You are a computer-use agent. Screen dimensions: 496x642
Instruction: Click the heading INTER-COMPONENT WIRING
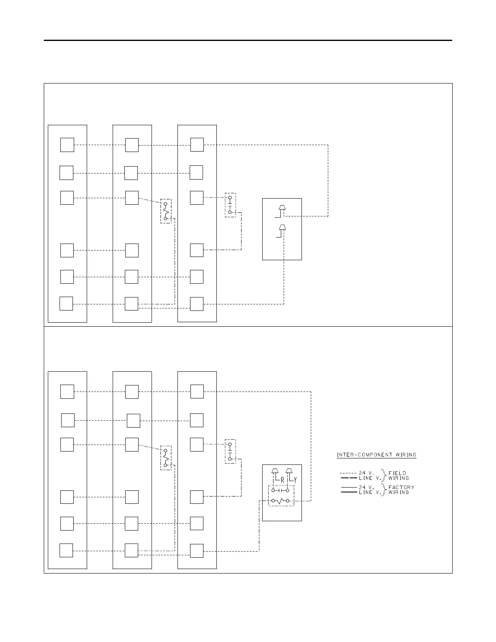click(376, 455)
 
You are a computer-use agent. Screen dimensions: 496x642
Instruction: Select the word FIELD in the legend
click(397, 473)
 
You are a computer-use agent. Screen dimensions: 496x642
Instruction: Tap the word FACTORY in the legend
click(401, 487)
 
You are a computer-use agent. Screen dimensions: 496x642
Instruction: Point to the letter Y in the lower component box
click(295, 480)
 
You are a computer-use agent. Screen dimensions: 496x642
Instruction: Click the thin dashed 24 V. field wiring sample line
click(348, 473)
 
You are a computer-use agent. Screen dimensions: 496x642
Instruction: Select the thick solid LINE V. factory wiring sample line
click(348, 492)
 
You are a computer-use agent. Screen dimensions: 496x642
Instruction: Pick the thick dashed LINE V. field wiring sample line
click(348, 478)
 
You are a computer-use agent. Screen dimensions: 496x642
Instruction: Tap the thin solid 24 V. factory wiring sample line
click(348, 487)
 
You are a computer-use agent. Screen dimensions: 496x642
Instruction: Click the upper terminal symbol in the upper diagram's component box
click(282, 208)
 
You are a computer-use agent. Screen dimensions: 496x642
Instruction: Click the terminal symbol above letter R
click(275, 471)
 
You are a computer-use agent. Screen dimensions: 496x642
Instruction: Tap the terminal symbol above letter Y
click(289, 471)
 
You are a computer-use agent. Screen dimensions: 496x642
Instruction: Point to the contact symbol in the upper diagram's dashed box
click(230, 205)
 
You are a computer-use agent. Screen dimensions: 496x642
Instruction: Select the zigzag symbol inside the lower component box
click(280, 501)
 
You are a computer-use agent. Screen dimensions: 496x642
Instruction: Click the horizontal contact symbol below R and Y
click(280, 490)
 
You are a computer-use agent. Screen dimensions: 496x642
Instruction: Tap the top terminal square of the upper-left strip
click(67, 145)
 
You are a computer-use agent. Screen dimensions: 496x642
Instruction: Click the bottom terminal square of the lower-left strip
click(66, 550)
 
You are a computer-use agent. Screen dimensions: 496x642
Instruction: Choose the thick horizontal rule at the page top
click(248, 41)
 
